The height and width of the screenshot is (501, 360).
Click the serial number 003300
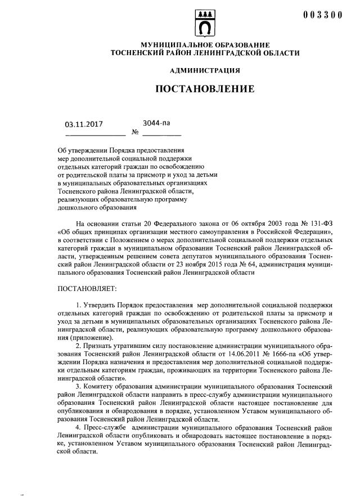322,15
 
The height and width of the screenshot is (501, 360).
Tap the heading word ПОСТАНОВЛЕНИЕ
205,89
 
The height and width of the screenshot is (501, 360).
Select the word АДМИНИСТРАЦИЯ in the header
205,70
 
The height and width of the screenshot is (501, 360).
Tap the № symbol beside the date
135,133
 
